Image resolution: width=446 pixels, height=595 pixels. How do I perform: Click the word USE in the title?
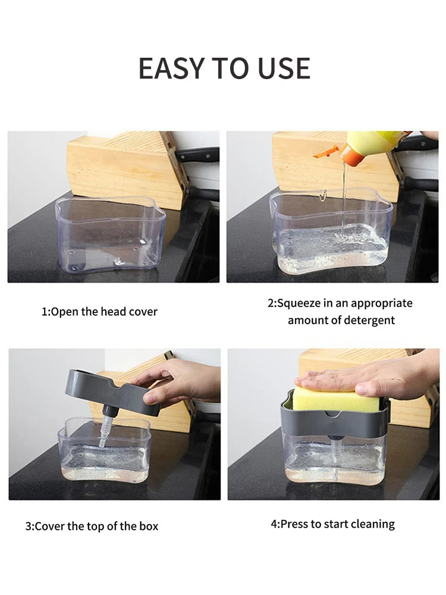[x=284, y=68]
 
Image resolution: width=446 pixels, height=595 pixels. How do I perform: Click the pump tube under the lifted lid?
[x=106, y=428]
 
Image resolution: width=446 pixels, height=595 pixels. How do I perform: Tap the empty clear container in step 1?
[x=110, y=235]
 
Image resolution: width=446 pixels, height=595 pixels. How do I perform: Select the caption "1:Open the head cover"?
[x=99, y=312]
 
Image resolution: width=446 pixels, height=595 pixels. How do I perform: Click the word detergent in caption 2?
[x=366, y=320]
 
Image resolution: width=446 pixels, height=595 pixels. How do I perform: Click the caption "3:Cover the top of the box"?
[x=92, y=526]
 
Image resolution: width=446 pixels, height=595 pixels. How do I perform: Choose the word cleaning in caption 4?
[x=370, y=524]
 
